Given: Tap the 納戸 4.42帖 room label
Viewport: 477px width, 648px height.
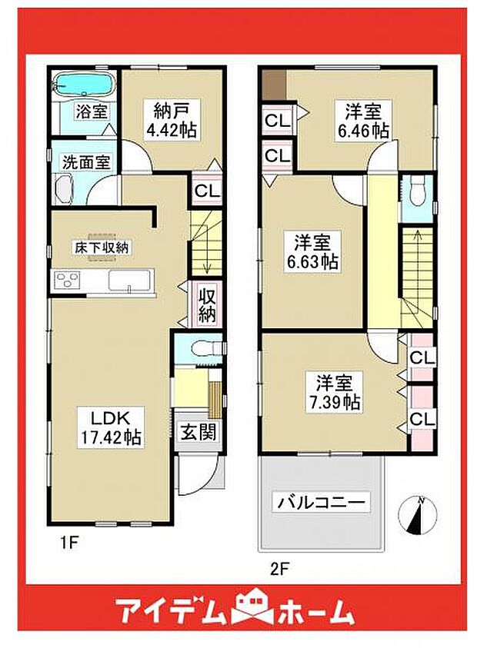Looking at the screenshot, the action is coord(171,120).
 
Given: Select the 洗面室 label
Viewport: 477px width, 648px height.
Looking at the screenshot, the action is coord(86,161).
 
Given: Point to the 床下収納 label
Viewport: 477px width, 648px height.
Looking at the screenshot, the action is coord(102,248).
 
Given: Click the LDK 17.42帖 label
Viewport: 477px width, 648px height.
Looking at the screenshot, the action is coord(111,427).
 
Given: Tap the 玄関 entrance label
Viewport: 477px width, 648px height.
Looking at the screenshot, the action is coord(199,433).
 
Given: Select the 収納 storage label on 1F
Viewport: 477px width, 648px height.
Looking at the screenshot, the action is coord(207,304).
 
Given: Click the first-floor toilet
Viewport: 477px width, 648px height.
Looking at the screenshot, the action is coord(205,348).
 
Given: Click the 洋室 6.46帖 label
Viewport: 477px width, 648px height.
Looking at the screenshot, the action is coord(363,120).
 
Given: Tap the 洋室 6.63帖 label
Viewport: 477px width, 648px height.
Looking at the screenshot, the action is coord(312,251).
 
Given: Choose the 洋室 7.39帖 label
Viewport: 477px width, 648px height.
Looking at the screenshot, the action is coord(333,392).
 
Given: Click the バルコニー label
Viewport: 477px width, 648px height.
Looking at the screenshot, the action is coord(321,503).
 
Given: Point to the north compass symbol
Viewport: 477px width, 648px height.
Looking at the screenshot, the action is coord(417,516).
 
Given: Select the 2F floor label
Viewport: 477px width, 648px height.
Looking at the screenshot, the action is coord(279,570).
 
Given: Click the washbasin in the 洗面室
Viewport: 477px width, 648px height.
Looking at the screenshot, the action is coord(64,189).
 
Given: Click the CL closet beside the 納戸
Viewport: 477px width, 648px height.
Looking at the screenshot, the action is coord(207,191).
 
